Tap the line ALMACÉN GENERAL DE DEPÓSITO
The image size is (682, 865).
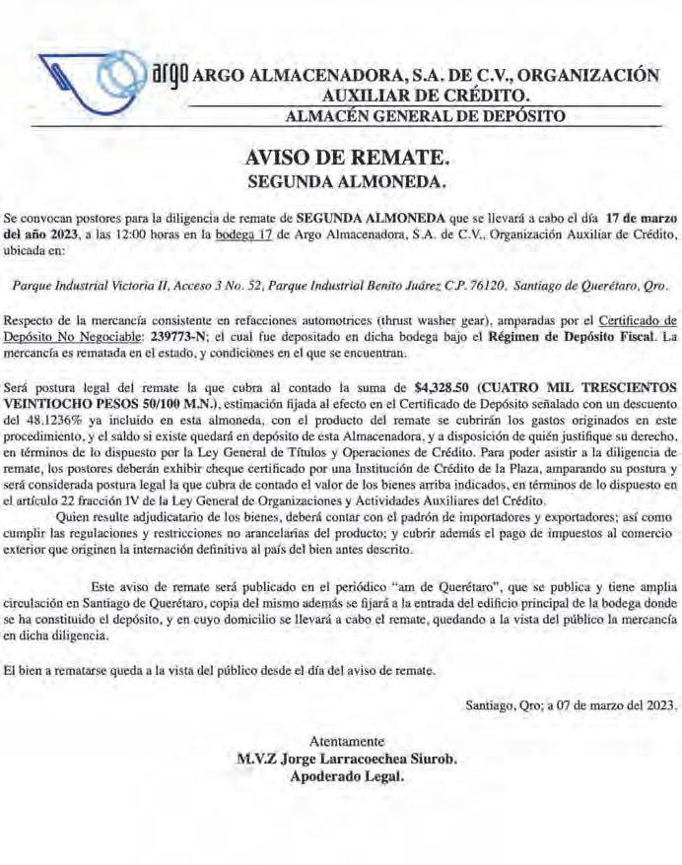424,116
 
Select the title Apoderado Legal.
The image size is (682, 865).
346,776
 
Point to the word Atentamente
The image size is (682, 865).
346,742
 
